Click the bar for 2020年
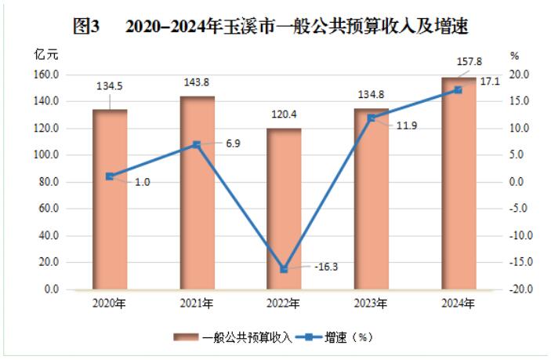[x=110, y=199]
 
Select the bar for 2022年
[x=284, y=209]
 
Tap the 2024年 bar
[x=458, y=184]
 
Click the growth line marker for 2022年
[x=284, y=269]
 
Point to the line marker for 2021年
[x=197, y=144]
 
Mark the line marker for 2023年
[x=371, y=118]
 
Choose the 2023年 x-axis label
[x=371, y=304]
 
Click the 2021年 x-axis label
[x=197, y=304]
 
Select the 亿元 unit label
[x=45, y=56]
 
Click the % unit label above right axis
[x=515, y=56]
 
